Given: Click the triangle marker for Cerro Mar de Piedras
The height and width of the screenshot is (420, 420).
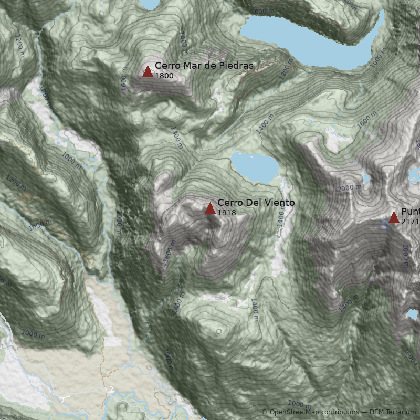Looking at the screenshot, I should [x=148, y=71].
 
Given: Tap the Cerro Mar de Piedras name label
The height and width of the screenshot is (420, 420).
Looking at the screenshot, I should [x=204, y=66].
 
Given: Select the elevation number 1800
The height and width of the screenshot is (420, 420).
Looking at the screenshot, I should [x=164, y=76].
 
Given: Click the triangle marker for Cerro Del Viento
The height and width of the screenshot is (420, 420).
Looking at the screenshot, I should [x=210, y=208].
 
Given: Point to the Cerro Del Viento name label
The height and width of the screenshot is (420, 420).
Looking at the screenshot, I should [x=256, y=203].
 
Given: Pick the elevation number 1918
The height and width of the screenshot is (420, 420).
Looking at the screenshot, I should [x=226, y=213].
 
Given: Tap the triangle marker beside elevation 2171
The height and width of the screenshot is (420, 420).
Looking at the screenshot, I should [x=394, y=217].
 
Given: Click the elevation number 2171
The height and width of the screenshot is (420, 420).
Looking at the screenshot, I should [x=410, y=222].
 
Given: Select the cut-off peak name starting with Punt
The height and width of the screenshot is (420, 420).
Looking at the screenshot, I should [x=410, y=212].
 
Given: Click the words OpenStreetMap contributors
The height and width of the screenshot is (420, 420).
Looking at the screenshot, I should [x=314, y=412].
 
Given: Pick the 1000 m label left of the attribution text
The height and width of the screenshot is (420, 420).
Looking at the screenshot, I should [x=299, y=404].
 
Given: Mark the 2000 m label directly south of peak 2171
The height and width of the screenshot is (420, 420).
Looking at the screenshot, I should [x=405, y=256].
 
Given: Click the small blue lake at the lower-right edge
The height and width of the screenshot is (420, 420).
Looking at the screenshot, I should [x=413, y=314].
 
